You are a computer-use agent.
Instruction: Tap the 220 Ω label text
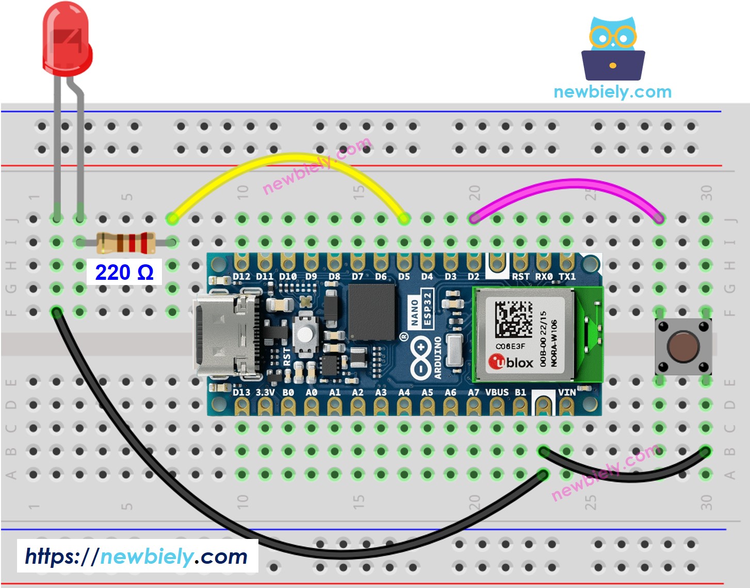click(124, 272)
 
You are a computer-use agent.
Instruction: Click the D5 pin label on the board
click(404, 277)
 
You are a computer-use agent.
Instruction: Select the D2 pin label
click(474, 277)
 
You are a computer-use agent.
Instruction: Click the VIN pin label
click(567, 392)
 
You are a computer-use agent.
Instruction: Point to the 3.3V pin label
click(265, 392)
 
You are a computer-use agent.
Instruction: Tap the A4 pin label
click(404, 392)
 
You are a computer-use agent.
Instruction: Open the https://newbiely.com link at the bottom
click(137, 557)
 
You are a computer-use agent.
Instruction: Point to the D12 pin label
click(241, 277)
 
